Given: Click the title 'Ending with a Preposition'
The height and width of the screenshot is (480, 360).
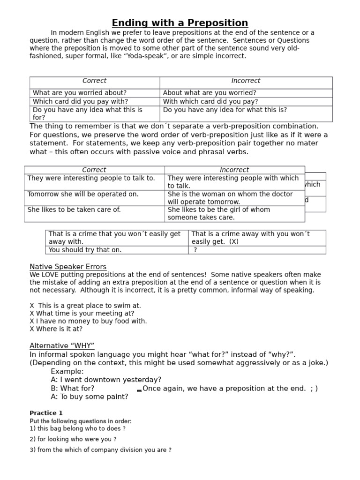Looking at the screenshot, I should pos(180,23).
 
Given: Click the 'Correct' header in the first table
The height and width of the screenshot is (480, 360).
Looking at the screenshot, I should pos(94,81).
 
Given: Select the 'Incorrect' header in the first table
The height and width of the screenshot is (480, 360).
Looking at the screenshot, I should pos(246,81).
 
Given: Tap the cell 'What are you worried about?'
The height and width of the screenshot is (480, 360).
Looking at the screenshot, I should pos(80,93).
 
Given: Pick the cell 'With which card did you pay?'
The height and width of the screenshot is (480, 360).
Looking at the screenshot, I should pos(210,102).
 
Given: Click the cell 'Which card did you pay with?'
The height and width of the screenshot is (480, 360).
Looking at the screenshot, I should pos(80,102).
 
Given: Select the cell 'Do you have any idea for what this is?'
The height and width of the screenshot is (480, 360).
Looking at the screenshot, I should pos(225,110).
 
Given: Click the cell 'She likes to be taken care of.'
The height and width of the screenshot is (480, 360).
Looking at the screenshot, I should pos(74,210).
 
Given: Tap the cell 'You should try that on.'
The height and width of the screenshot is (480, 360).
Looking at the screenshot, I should pos(85,250).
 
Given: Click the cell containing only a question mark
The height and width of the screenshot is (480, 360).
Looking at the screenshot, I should pos(195,250).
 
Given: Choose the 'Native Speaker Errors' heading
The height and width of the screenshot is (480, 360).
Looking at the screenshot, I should pos(68,267).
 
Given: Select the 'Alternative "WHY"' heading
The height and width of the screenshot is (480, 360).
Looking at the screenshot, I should pos(62,346).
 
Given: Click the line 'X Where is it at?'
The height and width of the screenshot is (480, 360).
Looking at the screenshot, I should pos(56,329).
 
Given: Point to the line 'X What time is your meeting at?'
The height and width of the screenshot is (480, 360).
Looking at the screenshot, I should pos(82,313).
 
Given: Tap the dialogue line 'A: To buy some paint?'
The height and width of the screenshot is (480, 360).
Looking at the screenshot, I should pos(89,397).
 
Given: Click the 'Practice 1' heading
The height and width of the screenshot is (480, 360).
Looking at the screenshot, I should pos(46,413).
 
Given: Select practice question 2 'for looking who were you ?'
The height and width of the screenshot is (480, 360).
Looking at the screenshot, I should pos(73,439).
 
